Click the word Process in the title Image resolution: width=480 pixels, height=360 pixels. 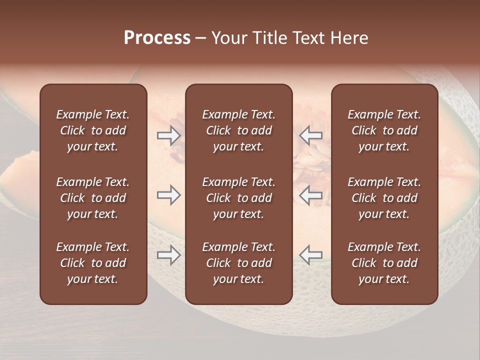click(157, 38)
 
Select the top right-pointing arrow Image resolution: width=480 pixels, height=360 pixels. click(168, 135)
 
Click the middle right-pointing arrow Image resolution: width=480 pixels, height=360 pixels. click(168, 195)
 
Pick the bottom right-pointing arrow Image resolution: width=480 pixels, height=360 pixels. click(168, 255)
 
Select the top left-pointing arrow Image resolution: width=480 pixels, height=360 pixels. click(310, 135)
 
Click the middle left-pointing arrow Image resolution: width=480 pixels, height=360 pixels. click(310, 195)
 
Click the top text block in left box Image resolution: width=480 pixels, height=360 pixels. click(93, 130)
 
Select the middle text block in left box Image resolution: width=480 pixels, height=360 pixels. click(93, 198)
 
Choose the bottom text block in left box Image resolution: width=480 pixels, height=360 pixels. click(93, 263)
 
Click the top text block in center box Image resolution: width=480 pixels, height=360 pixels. click(238, 130)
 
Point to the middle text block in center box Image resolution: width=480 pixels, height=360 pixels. click(238, 198)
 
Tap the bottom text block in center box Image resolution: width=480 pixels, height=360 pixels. click(238, 263)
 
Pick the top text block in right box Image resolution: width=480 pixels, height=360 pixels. click(384, 130)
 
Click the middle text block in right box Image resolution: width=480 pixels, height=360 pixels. click(384, 198)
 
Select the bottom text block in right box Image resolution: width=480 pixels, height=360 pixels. click(384, 263)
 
